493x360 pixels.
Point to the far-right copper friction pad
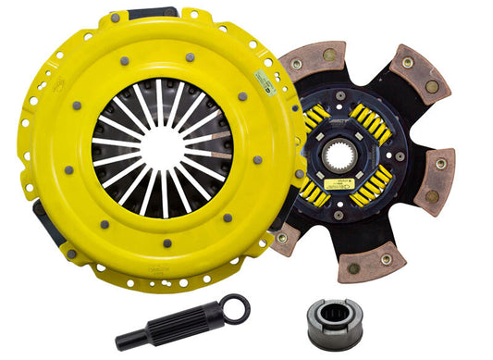point(436,175)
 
